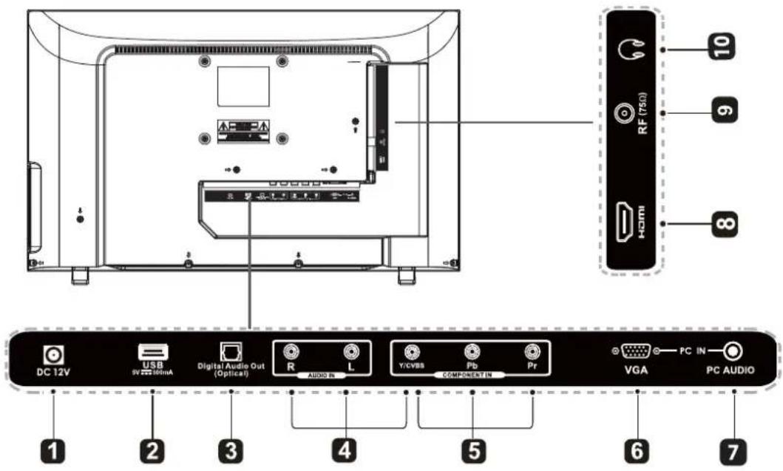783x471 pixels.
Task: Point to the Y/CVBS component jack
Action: (x=413, y=353)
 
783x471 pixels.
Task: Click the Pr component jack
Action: (x=529, y=353)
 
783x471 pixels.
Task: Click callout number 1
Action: (x=52, y=448)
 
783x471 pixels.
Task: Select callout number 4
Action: (x=348, y=448)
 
